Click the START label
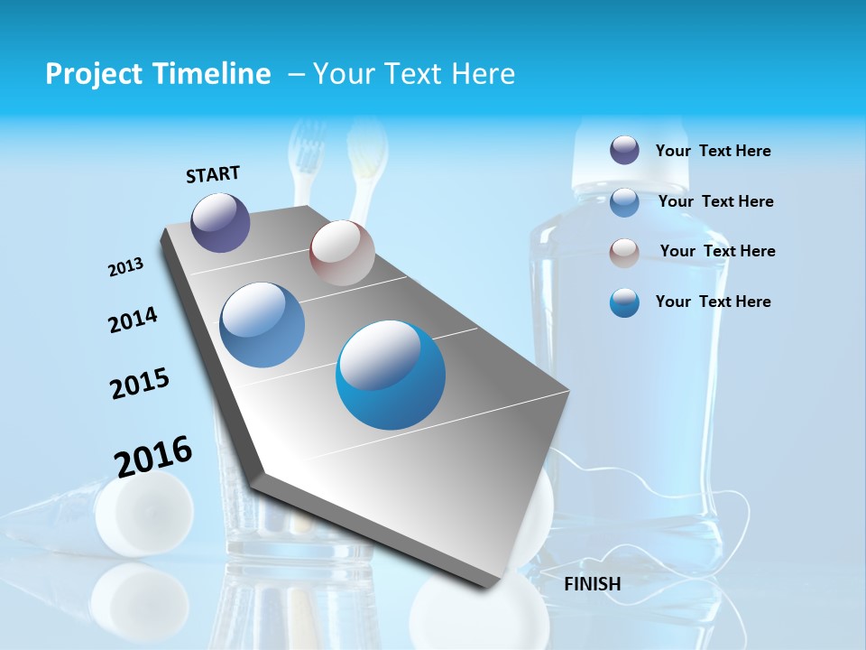pyautogui.click(x=213, y=174)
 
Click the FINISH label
pyautogui.click(x=593, y=584)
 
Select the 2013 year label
pyautogui.click(x=125, y=267)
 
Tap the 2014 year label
pyautogui.click(x=133, y=320)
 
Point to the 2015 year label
pyautogui.click(x=139, y=383)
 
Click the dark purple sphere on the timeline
pyautogui.click(x=221, y=222)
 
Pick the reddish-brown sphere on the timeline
pyautogui.click(x=342, y=253)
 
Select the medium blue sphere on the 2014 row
pyautogui.click(x=263, y=325)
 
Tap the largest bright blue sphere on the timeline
pyautogui.click(x=391, y=375)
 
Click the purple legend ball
pyautogui.click(x=624, y=151)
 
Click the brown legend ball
pyautogui.click(x=624, y=252)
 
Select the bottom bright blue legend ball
pyautogui.click(x=624, y=302)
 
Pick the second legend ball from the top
pyautogui.click(x=624, y=202)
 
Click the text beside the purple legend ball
pyautogui.click(x=713, y=152)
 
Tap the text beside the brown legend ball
pyautogui.click(x=717, y=251)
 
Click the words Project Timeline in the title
pyautogui.click(x=158, y=74)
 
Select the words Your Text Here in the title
pyautogui.click(x=413, y=74)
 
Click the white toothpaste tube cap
pyautogui.click(x=144, y=513)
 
